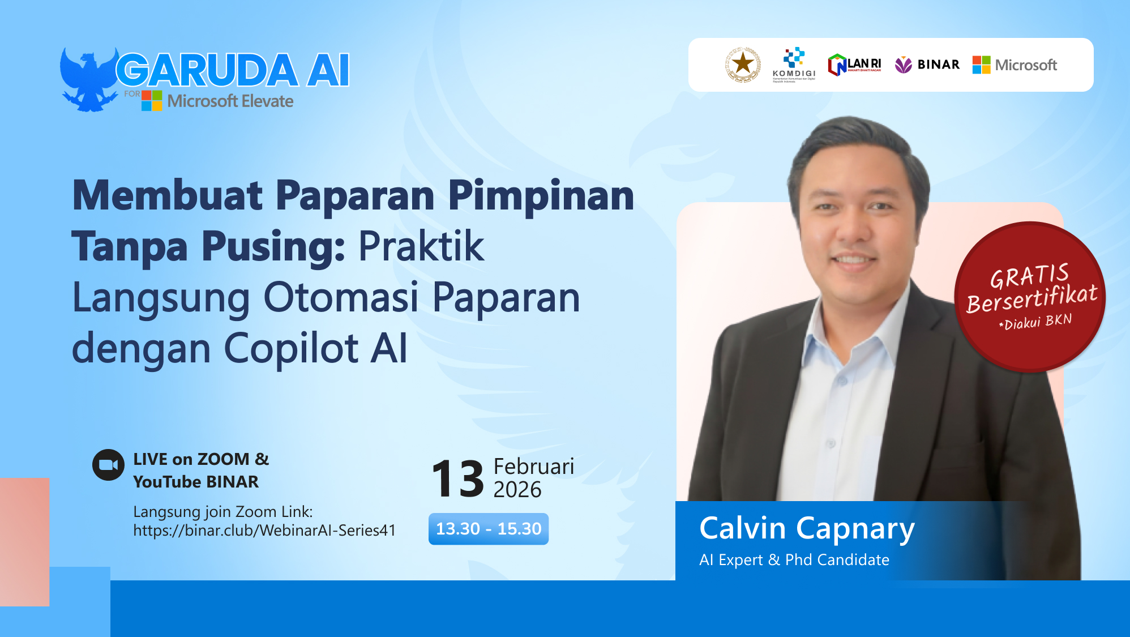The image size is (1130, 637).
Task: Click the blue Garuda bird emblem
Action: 88,80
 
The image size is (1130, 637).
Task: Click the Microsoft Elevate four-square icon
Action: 152,100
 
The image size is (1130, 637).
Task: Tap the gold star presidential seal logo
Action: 743,65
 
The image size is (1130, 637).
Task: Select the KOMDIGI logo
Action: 794,65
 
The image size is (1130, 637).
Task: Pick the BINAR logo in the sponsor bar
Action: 927,65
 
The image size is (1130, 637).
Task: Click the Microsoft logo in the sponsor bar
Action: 1015,65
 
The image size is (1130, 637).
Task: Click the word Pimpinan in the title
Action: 541,196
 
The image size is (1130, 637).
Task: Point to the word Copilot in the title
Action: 291,348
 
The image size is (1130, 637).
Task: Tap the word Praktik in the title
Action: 421,247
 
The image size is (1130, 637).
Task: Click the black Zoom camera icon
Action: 108,465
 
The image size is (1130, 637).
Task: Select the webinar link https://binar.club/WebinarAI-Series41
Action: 264,531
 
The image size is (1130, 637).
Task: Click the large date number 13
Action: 457,479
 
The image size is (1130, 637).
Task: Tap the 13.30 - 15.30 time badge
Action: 488,529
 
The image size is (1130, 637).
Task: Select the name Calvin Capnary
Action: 807,528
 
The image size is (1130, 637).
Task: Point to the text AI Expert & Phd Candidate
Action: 794,560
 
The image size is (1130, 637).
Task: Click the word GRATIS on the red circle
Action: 1029,276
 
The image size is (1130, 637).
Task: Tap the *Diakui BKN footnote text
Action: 1035,322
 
